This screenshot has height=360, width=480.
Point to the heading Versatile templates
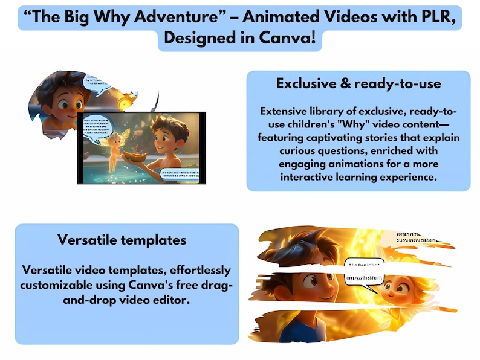122,240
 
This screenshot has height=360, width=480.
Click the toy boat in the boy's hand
138,155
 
